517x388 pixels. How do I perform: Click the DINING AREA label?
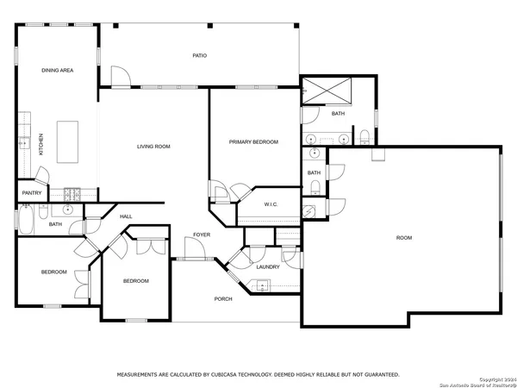coord(57,70)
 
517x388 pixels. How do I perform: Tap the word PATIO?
coord(199,56)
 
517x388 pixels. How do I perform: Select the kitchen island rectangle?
coord(65,141)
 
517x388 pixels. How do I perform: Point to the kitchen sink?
coord(25,142)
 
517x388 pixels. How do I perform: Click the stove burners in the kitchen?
coord(70,193)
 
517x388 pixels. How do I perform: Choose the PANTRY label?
coord(32,193)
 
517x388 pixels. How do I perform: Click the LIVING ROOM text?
coord(153,147)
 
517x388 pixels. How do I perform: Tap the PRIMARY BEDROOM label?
coord(253,141)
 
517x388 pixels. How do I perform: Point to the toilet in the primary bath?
coord(364,135)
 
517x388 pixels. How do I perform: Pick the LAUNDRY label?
coord(268,266)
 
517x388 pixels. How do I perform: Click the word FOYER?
coord(202,235)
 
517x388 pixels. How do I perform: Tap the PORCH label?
coord(223,298)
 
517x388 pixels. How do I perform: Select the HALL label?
coord(126,216)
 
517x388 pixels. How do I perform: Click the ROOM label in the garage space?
coord(403,238)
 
